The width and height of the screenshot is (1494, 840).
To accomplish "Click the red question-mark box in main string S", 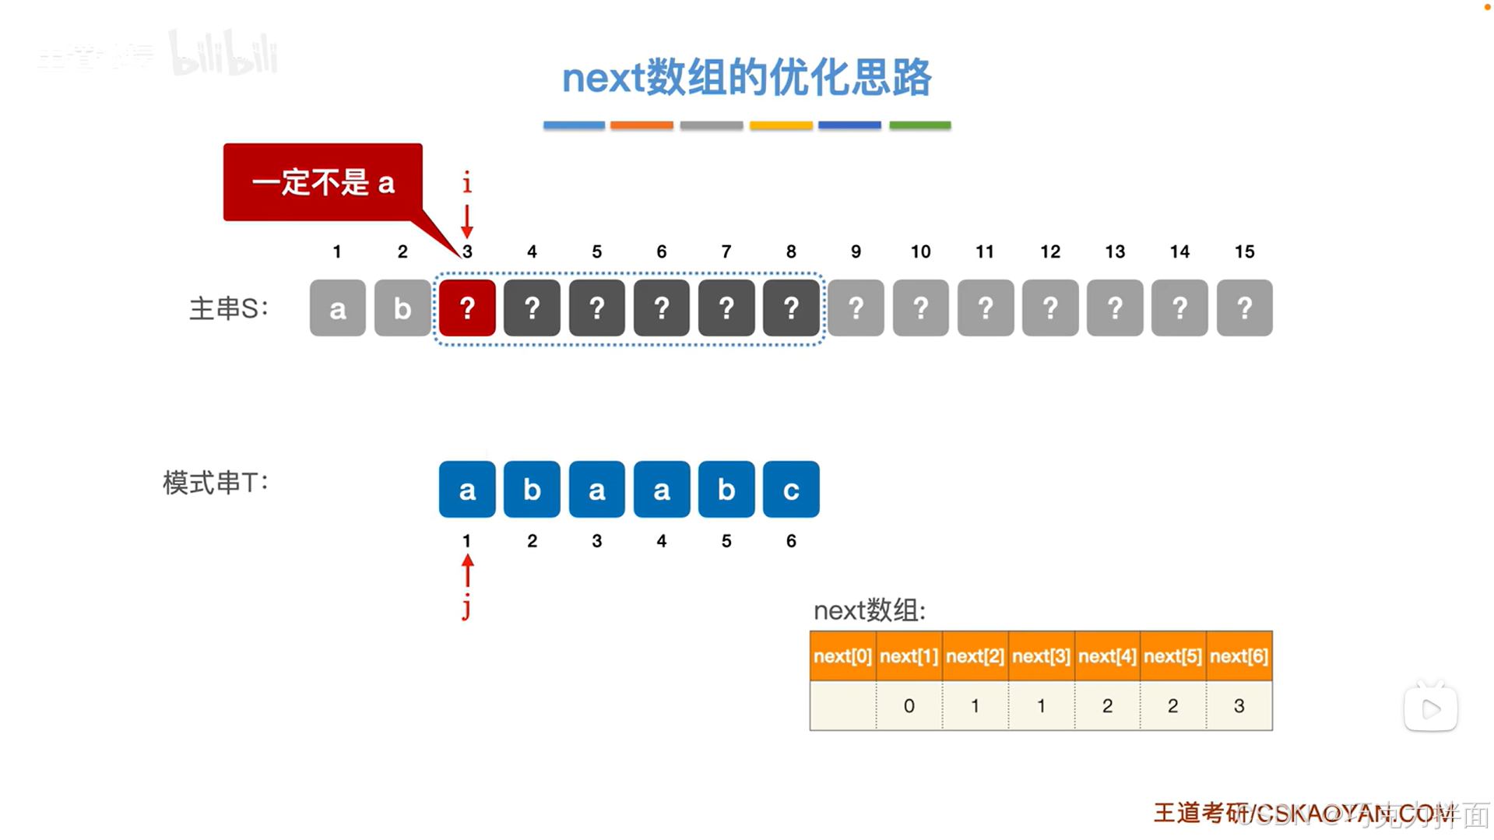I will pos(466,308).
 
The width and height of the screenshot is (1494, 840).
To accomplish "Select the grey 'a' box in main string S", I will pos(337,308).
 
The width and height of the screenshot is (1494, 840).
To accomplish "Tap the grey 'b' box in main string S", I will pos(402,308).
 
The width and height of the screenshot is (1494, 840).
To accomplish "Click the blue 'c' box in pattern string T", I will pos(790,490).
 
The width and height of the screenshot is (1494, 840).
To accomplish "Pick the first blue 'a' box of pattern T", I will pos(466,490).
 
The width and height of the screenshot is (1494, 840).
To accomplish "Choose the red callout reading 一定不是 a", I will pos(322,183).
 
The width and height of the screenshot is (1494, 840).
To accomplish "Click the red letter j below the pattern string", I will pos(466,606).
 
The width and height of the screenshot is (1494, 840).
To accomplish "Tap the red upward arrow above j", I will pos(467,571).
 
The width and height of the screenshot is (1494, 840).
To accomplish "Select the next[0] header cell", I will pos(842,656).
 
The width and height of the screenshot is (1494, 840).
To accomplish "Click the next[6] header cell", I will pos(1239,656).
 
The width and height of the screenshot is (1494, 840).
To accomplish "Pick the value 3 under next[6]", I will pos(1239,706).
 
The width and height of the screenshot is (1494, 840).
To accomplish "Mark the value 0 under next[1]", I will pos(909,706).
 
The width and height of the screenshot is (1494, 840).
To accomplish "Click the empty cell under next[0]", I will pos(842,706).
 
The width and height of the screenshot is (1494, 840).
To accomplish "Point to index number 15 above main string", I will pos(1244,251).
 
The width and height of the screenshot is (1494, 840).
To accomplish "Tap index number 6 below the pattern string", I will pos(790,541).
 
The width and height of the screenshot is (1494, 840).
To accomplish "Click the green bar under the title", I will pos(919,125).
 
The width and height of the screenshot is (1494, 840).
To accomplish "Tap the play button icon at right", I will pos(1430,708).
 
